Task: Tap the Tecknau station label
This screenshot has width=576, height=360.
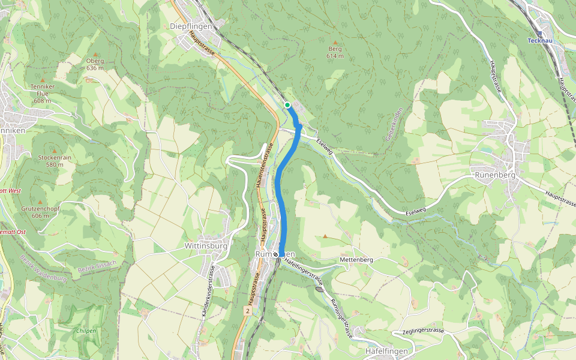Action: pos(539,41)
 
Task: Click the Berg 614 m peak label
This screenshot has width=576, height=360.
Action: pos(335,52)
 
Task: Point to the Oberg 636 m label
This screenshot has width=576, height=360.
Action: pos(95,64)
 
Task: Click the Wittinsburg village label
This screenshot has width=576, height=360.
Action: pos(206,246)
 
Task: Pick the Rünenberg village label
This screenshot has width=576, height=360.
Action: pos(494,175)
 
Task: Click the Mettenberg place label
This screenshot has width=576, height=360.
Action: pos(356,260)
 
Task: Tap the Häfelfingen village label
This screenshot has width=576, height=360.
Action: pos(386,350)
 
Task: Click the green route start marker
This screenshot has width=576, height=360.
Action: pos(287,105)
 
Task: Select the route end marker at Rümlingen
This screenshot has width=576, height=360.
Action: pos(276,254)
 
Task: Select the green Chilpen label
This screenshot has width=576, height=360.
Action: pos(86,331)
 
